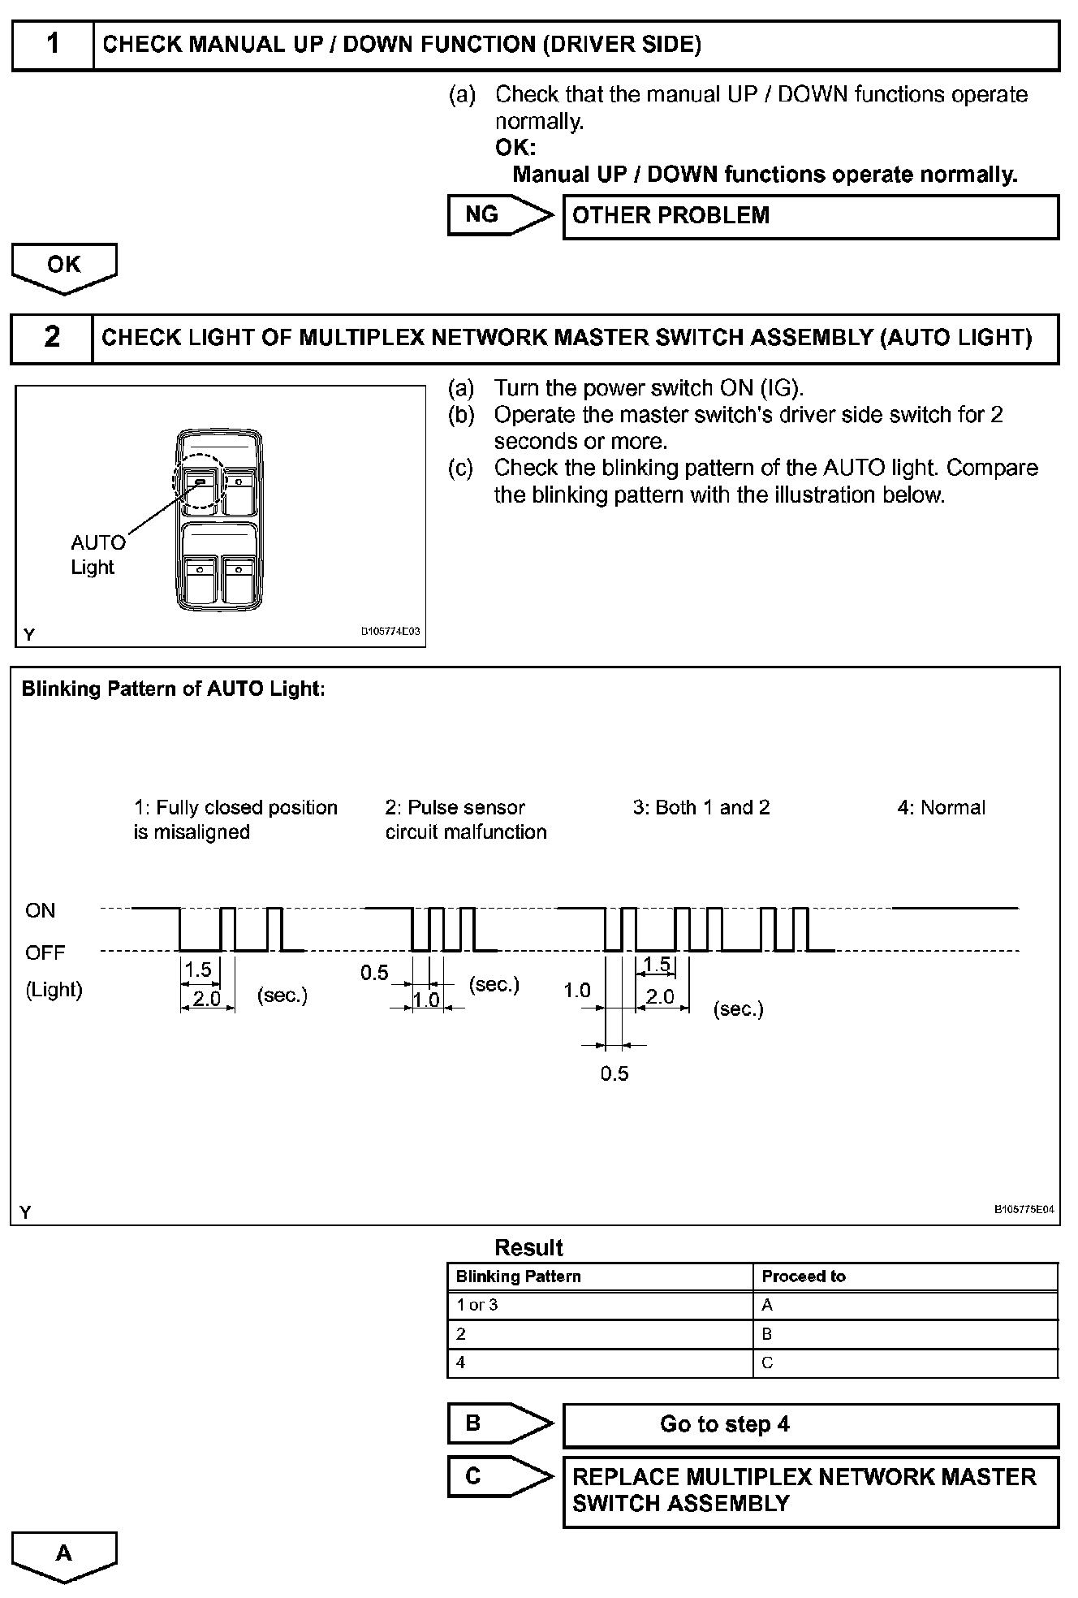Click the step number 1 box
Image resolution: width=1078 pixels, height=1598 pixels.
click(x=53, y=45)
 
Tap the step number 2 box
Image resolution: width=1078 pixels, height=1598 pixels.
click(x=51, y=338)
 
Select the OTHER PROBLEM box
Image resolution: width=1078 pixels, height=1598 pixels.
click(x=810, y=216)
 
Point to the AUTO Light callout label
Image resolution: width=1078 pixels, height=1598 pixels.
click(x=97, y=555)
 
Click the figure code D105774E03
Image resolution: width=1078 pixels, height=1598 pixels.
click(x=390, y=631)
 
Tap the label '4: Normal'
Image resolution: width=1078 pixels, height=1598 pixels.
click(x=941, y=807)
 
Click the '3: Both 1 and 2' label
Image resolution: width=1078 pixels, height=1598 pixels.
click(x=701, y=807)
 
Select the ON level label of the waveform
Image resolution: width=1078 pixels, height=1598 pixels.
click(x=41, y=910)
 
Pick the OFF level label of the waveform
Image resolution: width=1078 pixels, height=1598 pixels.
click(x=45, y=952)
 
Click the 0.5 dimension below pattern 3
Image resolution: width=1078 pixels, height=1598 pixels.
click(x=614, y=1073)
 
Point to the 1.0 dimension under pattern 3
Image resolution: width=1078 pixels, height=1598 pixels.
click(x=577, y=990)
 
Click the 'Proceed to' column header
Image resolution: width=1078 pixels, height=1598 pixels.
click(x=804, y=1276)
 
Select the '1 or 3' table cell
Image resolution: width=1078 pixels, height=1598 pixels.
click(x=477, y=1305)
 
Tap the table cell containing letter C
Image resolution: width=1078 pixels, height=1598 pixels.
click(x=767, y=1363)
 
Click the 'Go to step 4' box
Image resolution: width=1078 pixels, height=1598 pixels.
click(x=810, y=1424)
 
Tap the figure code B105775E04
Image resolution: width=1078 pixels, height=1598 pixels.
click(x=1024, y=1209)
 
